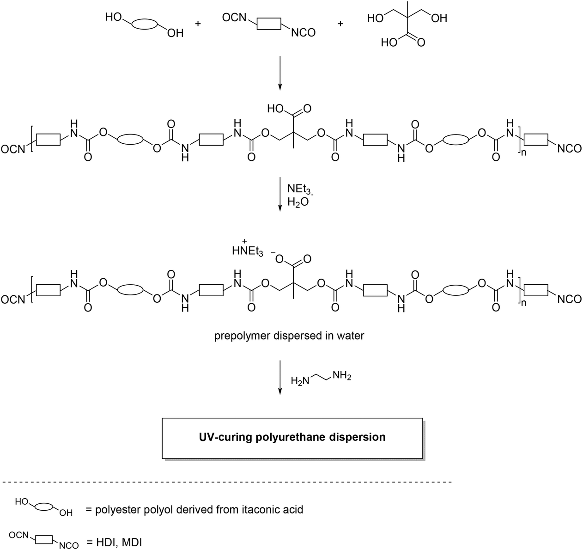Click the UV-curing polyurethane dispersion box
click(292, 437)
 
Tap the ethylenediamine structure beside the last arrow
click(321, 379)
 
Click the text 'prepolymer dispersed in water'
click(289, 336)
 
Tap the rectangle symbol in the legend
click(44, 539)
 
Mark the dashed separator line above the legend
click(226, 483)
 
